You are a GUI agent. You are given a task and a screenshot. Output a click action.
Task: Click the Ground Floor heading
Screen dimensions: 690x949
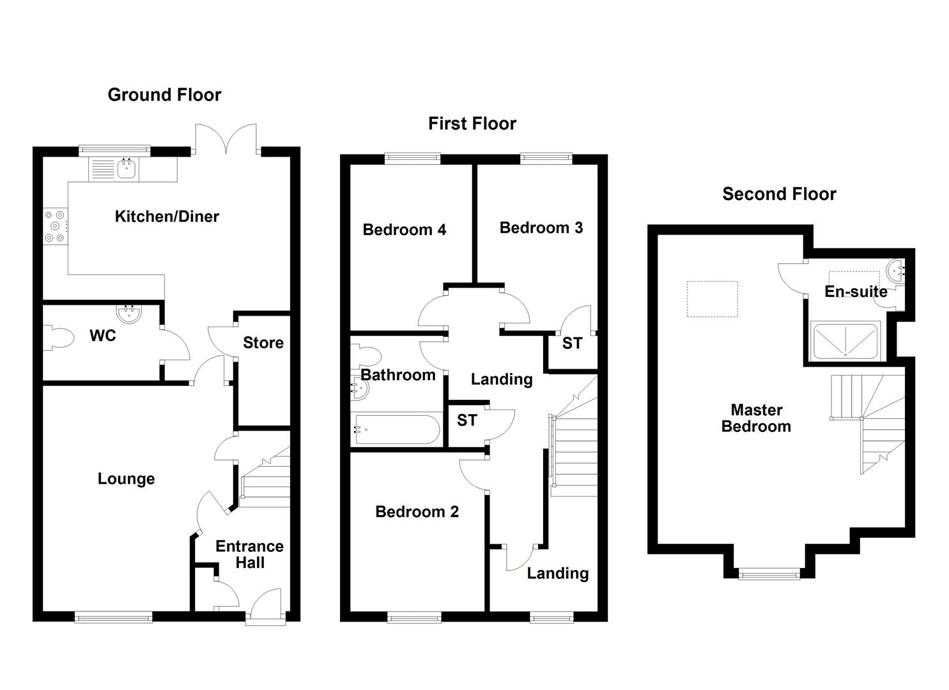(164, 95)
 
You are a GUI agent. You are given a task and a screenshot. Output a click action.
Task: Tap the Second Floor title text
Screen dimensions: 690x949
(778, 194)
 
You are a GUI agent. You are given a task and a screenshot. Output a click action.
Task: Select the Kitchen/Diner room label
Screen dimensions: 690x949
(167, 217)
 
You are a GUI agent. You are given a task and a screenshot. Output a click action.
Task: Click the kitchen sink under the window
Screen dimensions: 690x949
(127, 169)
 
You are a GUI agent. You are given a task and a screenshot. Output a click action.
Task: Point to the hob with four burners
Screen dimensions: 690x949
(55, 226)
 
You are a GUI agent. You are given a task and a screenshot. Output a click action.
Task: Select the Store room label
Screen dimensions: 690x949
(263, 343)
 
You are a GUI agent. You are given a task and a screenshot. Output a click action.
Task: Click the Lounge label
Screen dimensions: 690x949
(126, 479)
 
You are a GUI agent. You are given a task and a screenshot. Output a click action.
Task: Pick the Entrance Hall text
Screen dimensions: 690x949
(249, 555)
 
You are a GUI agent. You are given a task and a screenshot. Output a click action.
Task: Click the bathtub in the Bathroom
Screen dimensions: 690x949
(396, 430)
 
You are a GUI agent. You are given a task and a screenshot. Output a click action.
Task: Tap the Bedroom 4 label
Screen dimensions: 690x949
(404, 230)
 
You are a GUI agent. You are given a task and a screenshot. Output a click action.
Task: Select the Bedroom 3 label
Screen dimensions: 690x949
(541, 228)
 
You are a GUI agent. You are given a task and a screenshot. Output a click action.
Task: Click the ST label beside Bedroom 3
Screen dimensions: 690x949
(572, 344)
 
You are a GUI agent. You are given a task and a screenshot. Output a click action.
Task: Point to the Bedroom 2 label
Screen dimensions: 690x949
(417, 512)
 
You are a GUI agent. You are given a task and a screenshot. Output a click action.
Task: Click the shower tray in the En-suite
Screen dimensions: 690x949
(845, 341)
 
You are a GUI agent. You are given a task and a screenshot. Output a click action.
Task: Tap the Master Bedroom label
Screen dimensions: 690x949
(756, 418)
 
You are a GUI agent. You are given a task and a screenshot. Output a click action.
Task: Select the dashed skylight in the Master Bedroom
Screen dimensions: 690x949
(712, 299)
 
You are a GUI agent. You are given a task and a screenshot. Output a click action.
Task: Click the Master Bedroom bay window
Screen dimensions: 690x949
(769, 574)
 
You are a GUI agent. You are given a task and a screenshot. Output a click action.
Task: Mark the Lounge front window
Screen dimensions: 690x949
(113, 617)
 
